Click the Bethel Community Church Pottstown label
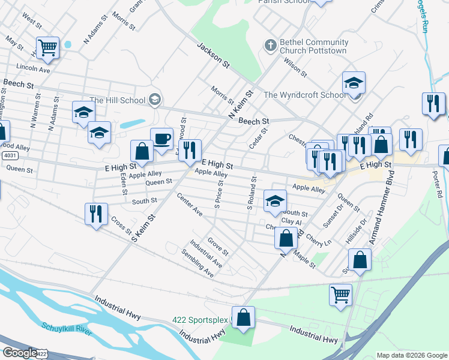click(314, 47)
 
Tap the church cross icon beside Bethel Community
click(270, 46)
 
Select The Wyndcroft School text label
click(305, 95)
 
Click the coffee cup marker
click(161, 139)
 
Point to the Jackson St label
click(214, 55)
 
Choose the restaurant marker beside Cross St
click(96, 214)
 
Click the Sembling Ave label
click(198, 263)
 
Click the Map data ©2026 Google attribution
click(411, 355)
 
